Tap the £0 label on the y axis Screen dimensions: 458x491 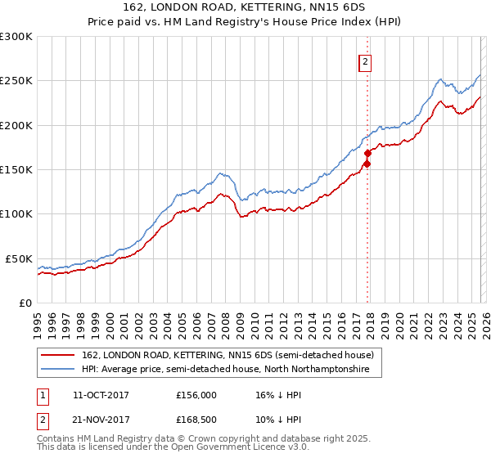point(25,303)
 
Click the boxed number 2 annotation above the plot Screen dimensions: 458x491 point(366,62)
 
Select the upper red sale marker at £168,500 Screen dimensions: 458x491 point(367,153)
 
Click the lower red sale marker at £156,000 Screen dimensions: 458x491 point(367,164)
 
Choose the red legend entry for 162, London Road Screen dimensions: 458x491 point(227,355)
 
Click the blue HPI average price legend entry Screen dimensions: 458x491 point(226,370)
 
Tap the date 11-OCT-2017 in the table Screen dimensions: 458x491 point(101,395)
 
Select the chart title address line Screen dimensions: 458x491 point(245,9)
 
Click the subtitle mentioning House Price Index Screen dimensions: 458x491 point(245,22)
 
